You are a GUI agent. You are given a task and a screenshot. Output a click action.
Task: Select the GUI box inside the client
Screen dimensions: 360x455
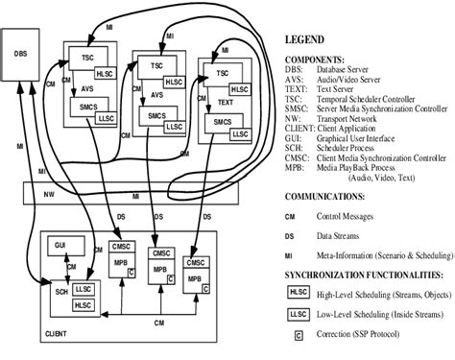(x=60, y=248)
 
